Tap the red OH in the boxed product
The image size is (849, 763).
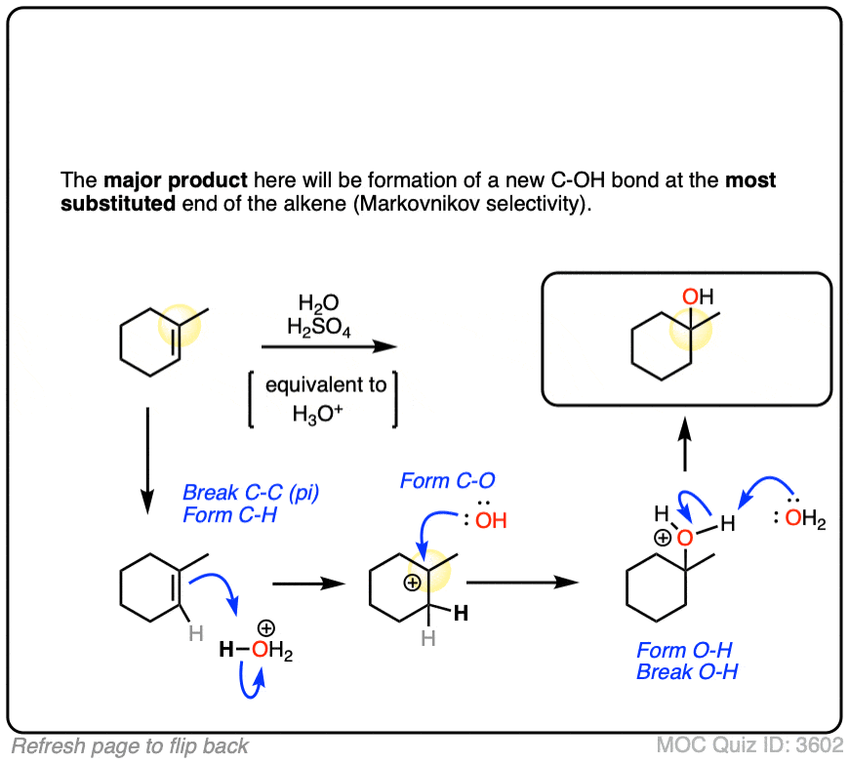691,296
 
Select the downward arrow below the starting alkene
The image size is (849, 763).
146,459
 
